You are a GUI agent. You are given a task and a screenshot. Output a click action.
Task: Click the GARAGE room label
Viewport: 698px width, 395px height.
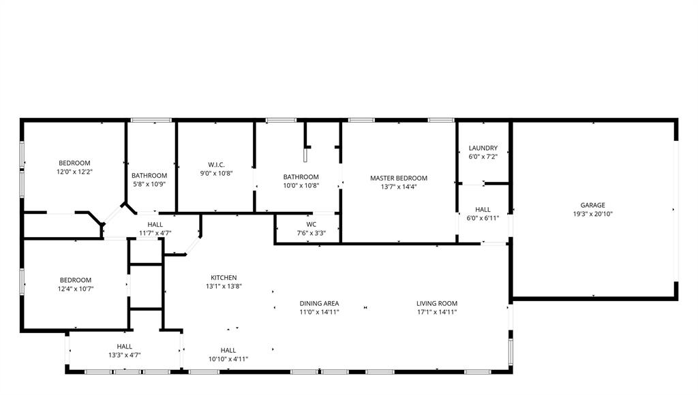592,205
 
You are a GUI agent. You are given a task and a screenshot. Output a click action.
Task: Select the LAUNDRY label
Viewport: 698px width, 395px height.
483,148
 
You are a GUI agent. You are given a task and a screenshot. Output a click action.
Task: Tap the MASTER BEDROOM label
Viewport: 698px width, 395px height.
399,178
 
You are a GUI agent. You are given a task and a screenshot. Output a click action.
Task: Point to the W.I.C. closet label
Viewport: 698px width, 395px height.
216,164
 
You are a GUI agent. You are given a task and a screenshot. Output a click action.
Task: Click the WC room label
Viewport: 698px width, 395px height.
311,224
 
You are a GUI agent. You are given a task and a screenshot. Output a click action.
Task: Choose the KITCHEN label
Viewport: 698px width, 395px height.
224,277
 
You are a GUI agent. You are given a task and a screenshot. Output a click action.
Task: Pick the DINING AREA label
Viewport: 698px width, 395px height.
319,303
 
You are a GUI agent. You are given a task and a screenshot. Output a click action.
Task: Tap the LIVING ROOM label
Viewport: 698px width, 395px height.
437,303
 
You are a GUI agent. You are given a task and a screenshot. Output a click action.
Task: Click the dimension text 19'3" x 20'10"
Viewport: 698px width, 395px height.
592,214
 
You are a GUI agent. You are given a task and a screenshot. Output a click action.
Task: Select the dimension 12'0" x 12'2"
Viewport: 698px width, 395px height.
74,172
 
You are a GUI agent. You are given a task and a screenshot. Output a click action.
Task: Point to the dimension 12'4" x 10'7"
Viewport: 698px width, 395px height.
75,289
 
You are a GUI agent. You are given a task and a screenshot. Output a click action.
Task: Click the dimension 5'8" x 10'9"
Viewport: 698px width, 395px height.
149,184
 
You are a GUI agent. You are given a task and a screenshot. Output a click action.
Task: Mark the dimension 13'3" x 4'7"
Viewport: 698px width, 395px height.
124,355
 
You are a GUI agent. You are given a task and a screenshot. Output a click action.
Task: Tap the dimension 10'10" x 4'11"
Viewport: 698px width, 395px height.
228,359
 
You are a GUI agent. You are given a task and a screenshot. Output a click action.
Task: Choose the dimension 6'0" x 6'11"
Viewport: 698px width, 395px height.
483,218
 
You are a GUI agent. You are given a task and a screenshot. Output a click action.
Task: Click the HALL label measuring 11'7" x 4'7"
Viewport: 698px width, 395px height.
155,224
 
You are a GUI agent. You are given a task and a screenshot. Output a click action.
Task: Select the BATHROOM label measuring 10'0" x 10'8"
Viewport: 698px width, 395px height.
301,177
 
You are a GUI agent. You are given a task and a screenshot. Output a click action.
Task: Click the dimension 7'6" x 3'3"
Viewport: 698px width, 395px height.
311,233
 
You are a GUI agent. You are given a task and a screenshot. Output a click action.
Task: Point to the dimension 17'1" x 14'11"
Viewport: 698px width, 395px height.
437,312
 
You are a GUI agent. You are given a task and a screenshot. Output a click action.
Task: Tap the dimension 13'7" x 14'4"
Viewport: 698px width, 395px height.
399,187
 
